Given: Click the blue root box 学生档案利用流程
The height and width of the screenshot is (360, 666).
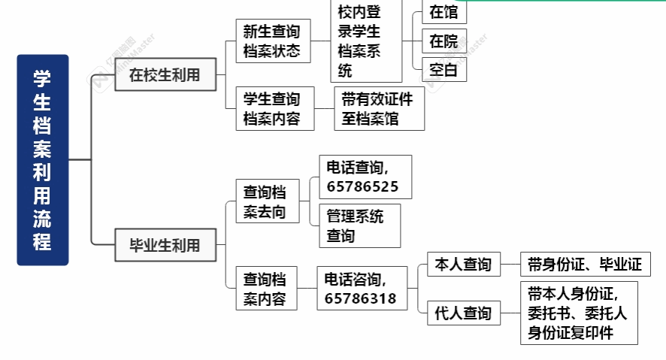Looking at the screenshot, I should (43, 159).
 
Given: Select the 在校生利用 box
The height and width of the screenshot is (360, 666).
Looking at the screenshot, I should (165, 75).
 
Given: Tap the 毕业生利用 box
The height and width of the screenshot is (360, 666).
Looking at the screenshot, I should (165, 244).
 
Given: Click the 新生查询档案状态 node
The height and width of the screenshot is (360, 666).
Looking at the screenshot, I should (272, 41).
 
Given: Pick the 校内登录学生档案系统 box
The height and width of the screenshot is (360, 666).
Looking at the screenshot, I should (365, 41).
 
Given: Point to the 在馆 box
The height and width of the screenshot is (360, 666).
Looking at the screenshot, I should (443, 12).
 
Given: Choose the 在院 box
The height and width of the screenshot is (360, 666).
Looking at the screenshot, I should (443, 41).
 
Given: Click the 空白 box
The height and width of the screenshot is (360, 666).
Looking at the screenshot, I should (443, 70).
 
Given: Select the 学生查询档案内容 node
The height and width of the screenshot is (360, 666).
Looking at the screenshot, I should (272, 109).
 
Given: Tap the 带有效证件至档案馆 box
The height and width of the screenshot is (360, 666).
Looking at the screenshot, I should (379, 109).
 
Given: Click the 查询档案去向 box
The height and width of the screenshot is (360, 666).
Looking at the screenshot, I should (265, 202).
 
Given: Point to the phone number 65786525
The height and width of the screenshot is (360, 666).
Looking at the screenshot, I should (363, 186).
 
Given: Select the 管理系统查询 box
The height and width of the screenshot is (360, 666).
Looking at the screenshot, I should (359, 225).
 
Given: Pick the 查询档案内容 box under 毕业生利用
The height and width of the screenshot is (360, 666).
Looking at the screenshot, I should (265, 289).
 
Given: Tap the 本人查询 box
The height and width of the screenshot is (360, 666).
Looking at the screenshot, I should (463, 265).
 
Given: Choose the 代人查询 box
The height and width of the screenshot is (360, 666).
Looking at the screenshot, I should (463, 313).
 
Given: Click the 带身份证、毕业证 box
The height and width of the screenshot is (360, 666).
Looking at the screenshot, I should (584, 265).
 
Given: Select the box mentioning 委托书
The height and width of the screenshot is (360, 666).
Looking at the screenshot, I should (578, 313).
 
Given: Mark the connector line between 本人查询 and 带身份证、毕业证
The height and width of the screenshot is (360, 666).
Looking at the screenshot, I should (510, 265).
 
